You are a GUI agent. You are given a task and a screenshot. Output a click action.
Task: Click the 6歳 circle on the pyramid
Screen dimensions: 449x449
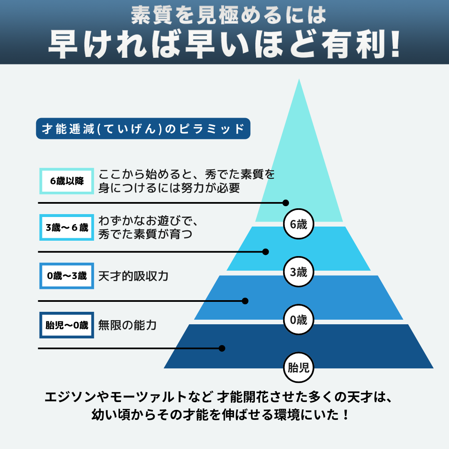point(298,224)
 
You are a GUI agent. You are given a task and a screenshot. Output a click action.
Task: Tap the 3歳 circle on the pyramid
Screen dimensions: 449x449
point(298,273)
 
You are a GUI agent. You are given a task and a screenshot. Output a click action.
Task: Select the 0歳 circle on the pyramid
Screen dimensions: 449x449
point(298,320)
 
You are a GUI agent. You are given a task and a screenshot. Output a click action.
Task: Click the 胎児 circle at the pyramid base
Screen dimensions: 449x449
point(298,368)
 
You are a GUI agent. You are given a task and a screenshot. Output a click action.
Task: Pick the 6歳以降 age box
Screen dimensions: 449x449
point(67,181)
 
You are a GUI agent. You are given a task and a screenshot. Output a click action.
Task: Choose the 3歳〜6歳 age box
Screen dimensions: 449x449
point(67,227)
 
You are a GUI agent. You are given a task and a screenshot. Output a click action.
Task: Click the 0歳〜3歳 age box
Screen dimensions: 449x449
point(67,276)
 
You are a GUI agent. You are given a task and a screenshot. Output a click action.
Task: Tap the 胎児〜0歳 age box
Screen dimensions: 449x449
point(67,325)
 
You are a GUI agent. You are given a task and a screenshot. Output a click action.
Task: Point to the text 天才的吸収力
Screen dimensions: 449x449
point(133,276)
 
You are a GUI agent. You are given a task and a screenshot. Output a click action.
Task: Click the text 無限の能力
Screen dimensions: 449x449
point(127,325)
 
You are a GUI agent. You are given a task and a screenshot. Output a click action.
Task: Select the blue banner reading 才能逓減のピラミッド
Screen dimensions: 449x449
point(143,129)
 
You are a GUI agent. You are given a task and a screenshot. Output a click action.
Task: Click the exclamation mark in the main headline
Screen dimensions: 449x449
point(395,44)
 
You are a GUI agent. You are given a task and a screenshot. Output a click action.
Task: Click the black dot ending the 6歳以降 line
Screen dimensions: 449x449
point(286,203)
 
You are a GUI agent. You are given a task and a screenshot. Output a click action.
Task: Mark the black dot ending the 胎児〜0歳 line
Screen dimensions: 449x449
point(222,348)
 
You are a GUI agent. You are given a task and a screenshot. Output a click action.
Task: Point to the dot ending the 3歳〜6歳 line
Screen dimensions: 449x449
point(266,252)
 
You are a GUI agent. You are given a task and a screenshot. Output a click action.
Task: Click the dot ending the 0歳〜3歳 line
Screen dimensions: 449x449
point(245,301)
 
